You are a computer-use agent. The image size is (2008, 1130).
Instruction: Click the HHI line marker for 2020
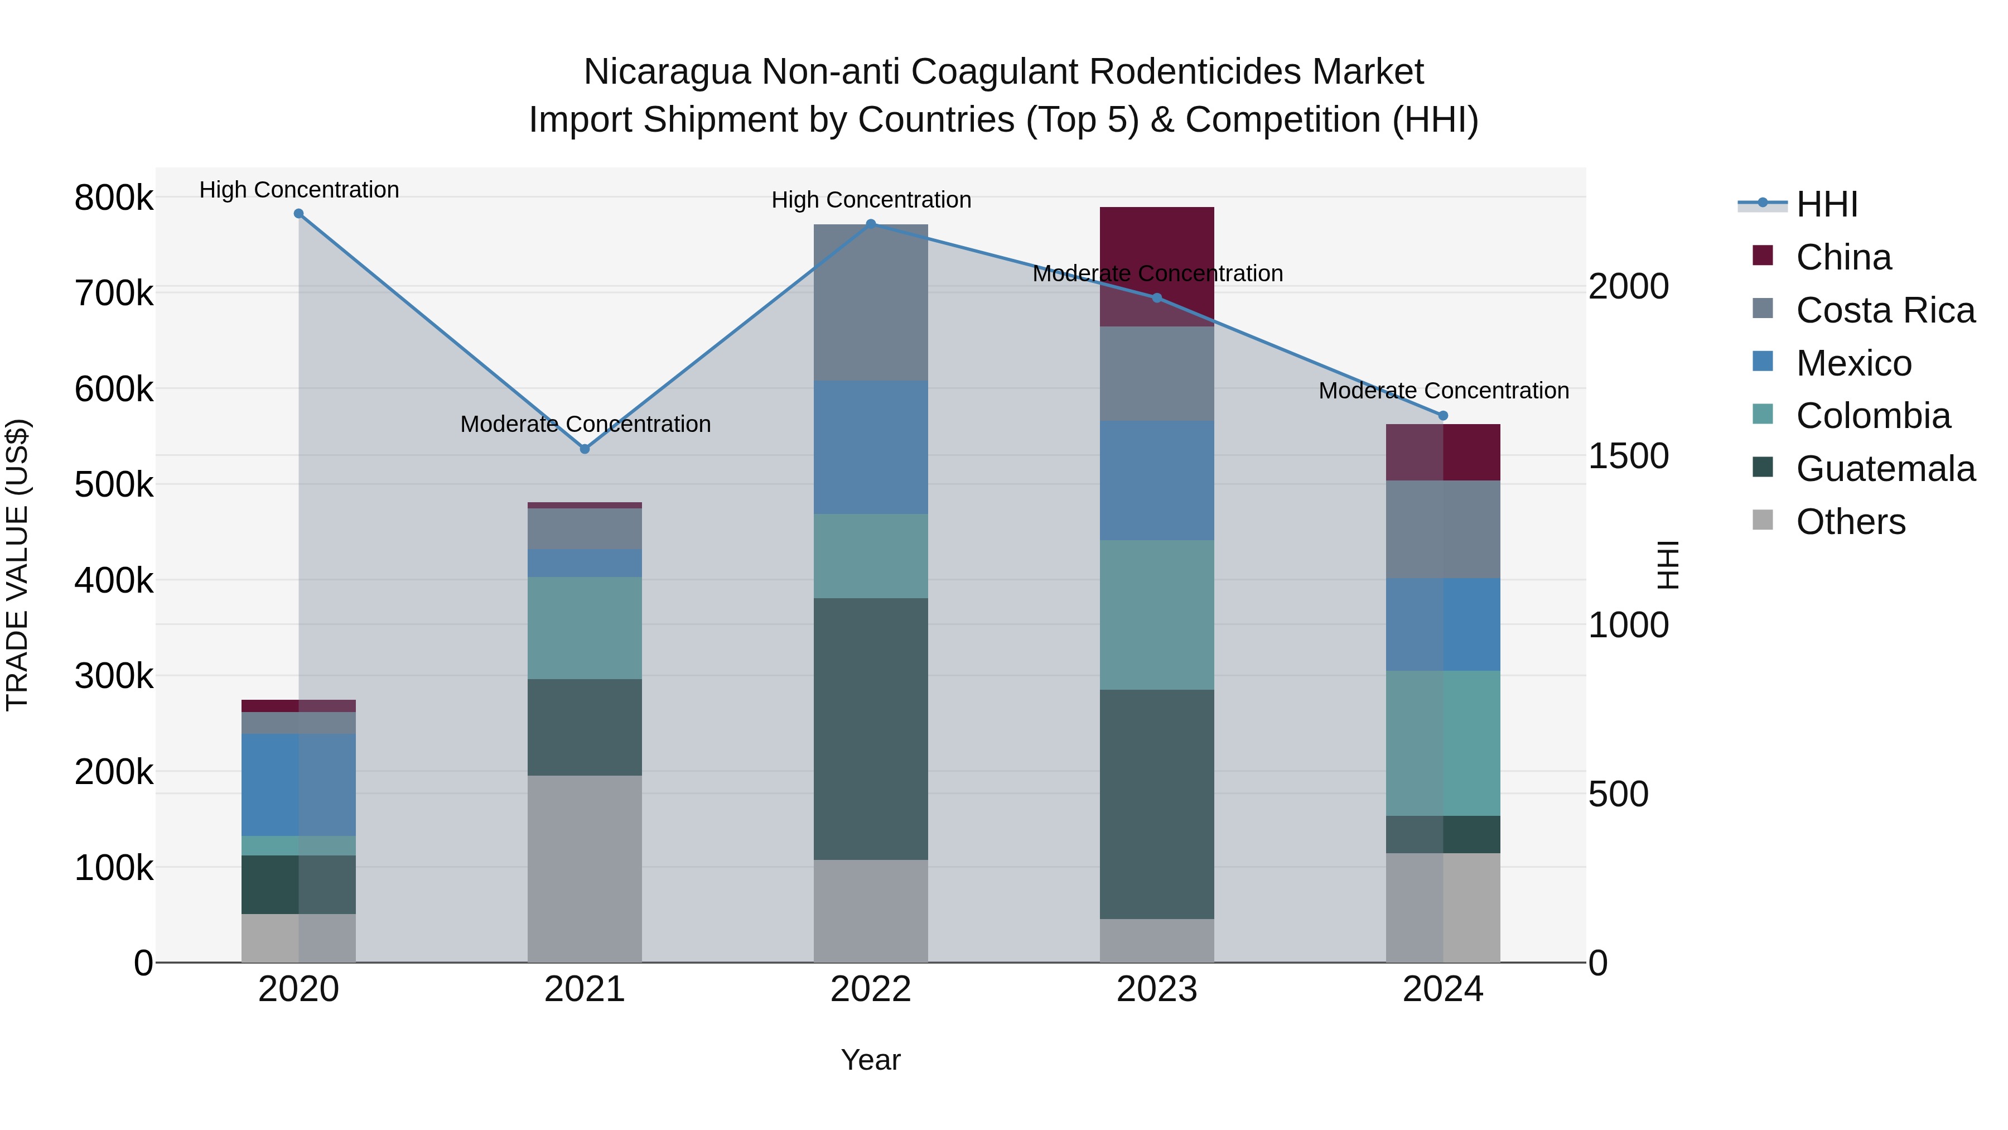pos(298,214)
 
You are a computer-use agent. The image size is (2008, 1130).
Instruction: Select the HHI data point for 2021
pos(585,449)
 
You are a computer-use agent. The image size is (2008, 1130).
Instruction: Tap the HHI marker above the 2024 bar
pos(1443,416)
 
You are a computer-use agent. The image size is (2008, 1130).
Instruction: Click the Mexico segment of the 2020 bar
pos(298,784)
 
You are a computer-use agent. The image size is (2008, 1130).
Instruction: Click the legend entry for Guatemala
pos(1885,469)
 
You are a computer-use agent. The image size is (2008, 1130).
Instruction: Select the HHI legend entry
pos(1826,204)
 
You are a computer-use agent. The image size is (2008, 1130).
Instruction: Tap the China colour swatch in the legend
pos(1763,256)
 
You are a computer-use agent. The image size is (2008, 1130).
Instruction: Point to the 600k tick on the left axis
pos(114,389)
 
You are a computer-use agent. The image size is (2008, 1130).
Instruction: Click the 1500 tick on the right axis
pos(1628,456)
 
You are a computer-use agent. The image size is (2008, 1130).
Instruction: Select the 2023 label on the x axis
pos(1157,989)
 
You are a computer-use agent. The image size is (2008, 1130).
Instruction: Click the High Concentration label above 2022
pos(871,200)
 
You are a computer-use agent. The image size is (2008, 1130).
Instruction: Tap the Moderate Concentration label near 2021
pos(585,424)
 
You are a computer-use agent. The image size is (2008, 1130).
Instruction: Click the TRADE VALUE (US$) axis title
pos(18,565)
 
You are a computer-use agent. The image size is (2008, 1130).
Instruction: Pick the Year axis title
pos(871,1060)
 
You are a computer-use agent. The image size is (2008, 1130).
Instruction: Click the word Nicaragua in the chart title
pos(667,72)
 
